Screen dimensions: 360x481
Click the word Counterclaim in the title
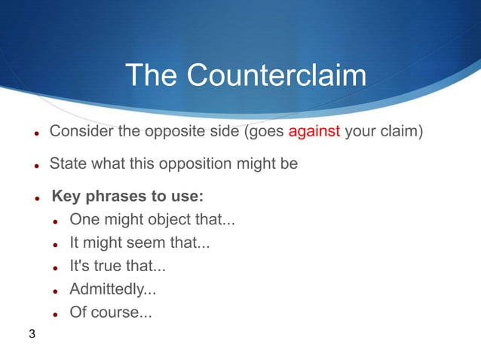point(277,75)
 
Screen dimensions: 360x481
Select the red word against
point(314,133)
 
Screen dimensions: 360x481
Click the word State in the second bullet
point(66,163)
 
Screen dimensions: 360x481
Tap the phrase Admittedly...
point(113,288)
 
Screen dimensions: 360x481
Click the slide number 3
point(32,334)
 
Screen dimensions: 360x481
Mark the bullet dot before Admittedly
point(56,290)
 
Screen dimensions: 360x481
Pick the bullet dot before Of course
point(56,313)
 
